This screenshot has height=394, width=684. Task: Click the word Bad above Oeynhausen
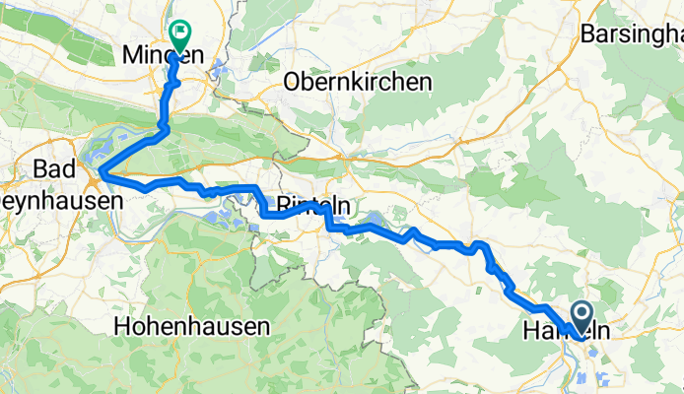click(52, 167)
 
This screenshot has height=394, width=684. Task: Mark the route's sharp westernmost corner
click(100, 175)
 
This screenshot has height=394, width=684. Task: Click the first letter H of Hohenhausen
click(121, 324)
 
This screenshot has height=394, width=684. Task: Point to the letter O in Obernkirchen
click(291, 82)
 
